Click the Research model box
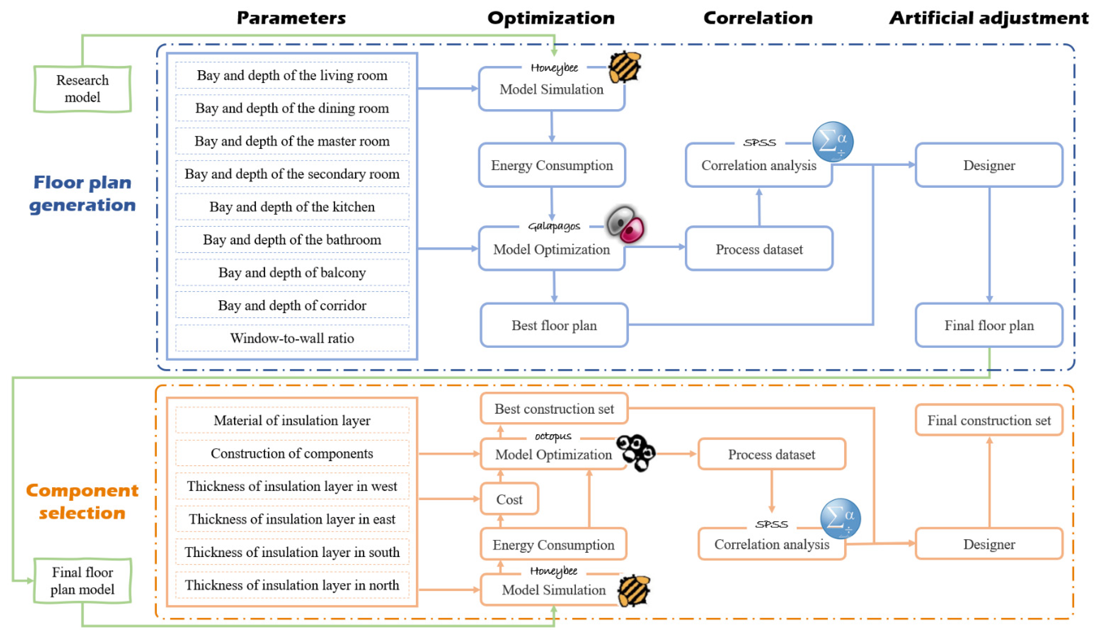tap(83, 89)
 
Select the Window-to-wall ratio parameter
tap(292, 338)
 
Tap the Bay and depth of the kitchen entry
tap(292, 207)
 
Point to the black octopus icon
tap(636, 452)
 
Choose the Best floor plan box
tap(554, 325)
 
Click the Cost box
tap(509, 499)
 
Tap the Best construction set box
tap(554, 408)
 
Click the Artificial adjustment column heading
tap(989, 18)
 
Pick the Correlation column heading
tap(758, 18)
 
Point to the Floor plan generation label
tap(83, 193)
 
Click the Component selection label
tap(83, 502)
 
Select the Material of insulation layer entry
tap(292, 420)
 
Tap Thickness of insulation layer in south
tap(292, 552)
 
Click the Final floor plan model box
tap(83, 581)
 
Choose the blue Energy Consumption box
tap(552, 165)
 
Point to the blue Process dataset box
tap(759, 249)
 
